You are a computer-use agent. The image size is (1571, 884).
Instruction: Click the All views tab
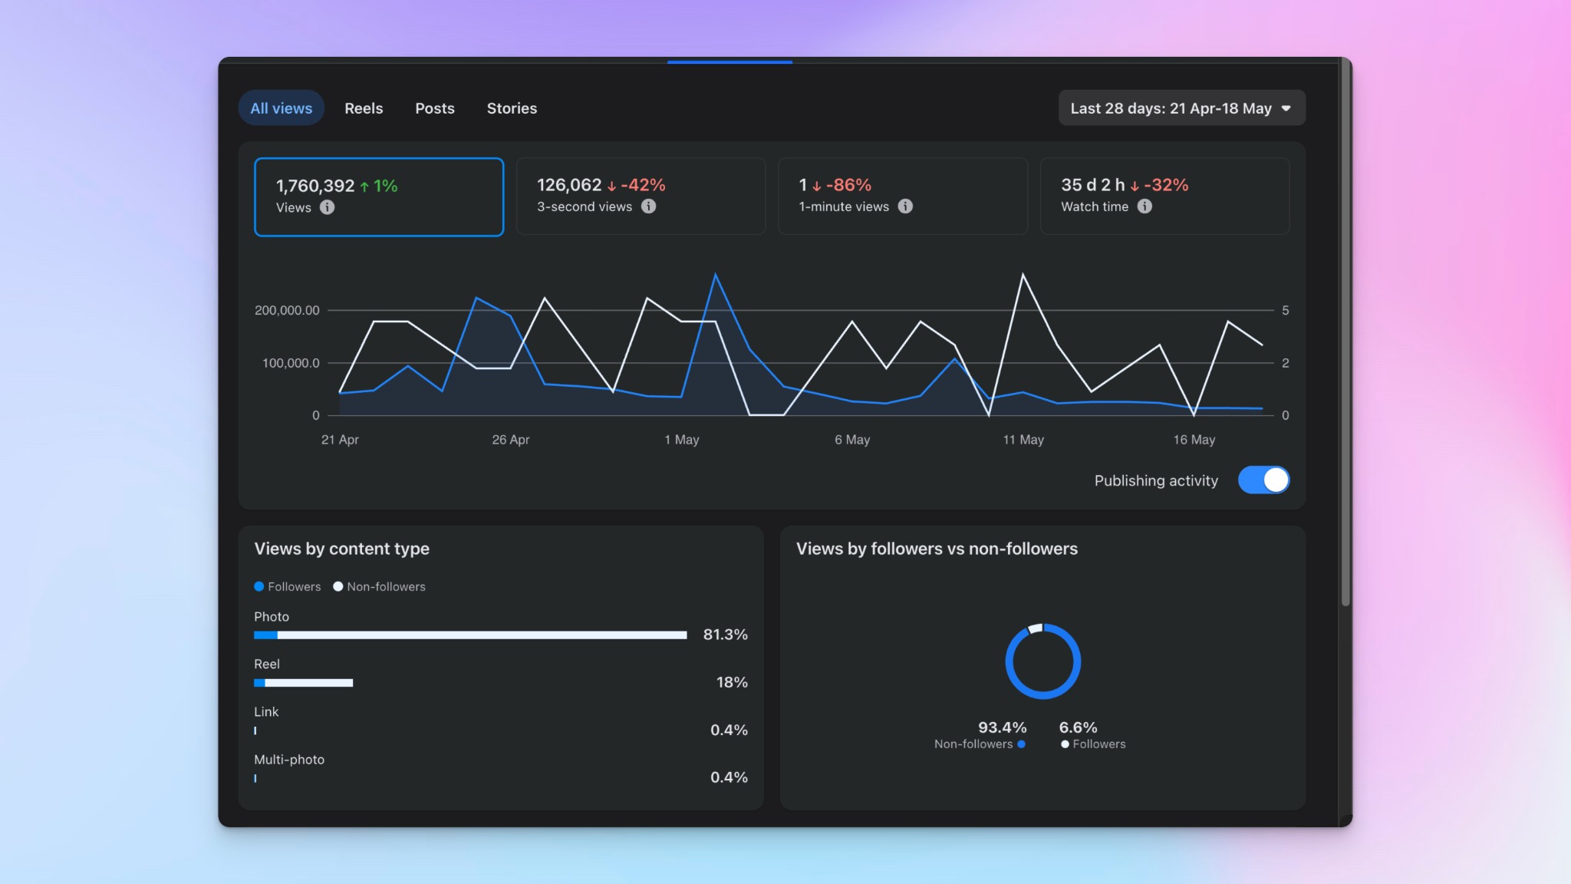[x=281, y=108]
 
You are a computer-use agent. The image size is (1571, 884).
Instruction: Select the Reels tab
[x=364, y=108]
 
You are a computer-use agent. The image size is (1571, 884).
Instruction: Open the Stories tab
[x=512, y=108]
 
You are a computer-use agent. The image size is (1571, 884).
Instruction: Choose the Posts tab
[x=435, y=108]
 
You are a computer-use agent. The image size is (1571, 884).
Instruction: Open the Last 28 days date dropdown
[x=1181, y=108]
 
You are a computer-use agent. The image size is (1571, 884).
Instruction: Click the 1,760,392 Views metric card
[x=379, y=197]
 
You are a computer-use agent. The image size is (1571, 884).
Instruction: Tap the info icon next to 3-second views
[x=649, y=206]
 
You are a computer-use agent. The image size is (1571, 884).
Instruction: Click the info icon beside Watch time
[x=1144, y=206]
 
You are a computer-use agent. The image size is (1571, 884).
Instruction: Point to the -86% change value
[x=848, y=185]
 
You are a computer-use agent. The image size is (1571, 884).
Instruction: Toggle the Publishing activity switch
[x=1263, y=480]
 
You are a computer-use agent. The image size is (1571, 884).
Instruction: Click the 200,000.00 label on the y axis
[x=287, y=310]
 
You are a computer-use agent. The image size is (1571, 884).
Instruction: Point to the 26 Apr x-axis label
[x=511, y=440]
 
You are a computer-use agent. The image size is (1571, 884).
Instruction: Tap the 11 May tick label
[x=1023, y=440]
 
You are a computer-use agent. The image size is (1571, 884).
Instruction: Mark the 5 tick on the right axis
[x=1286, y=310]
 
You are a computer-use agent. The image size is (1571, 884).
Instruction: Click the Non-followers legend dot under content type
[x=338, y=586]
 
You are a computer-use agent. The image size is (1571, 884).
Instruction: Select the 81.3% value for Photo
[x=725, y=635]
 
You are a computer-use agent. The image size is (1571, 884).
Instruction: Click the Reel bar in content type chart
[x=304, y=683]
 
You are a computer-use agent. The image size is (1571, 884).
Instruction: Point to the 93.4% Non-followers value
[x=1002, y=727]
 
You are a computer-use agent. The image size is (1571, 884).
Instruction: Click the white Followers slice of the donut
[x=1035, y=629]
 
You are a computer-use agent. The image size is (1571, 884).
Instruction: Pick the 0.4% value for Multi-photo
[x=729, y=777]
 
